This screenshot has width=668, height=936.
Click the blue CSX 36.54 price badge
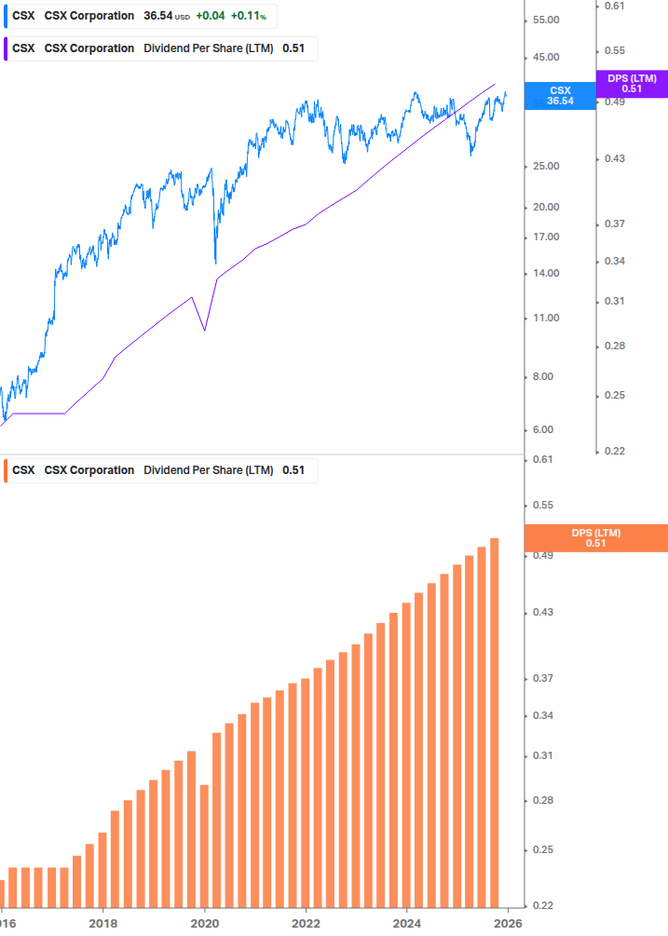tap(561, 95)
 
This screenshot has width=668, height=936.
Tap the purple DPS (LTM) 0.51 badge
tap(632, 84)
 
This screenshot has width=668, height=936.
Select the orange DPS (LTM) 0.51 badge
tap(596, 537)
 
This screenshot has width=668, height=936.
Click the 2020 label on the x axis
tap(204, 925)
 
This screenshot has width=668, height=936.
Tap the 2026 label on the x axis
tap(507, 925)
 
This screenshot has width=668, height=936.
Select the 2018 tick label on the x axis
tap(102, 925)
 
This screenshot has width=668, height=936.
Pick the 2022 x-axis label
tap(306, 925)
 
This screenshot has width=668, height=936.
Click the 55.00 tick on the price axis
tap(544, 20)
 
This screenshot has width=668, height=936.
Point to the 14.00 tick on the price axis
tap(544, 274)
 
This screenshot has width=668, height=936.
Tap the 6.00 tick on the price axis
tap(544, 430)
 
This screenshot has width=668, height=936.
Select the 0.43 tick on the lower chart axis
tap(543, 613)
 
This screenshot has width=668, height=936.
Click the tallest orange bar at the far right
tap(495, 726)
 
